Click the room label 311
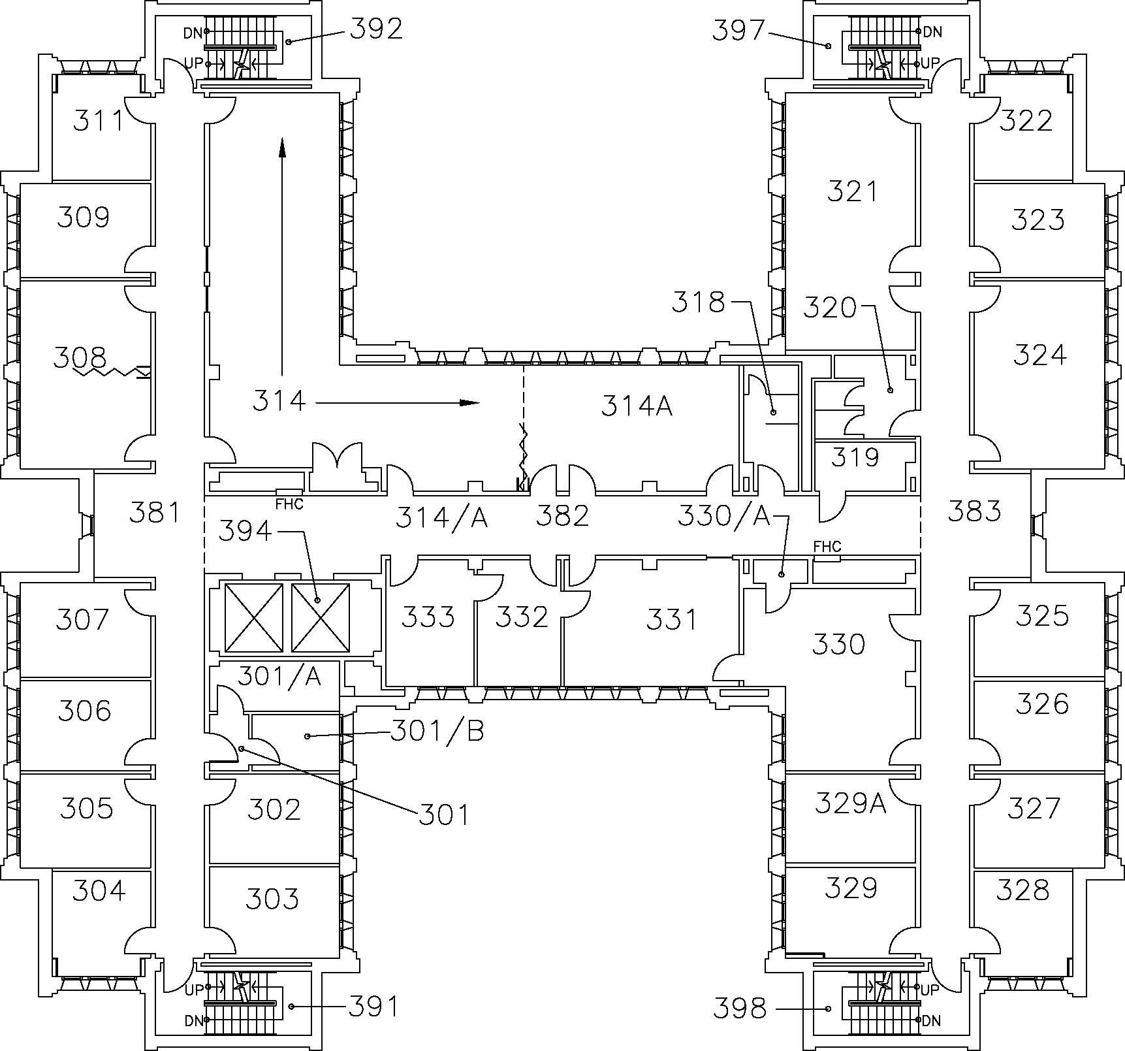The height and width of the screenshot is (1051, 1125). point(98,121)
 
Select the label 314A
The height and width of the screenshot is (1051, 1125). point(636,406)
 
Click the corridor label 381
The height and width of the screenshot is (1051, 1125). point(154,513)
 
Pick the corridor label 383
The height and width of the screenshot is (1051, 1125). point(974,511)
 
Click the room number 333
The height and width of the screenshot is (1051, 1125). point(428,616)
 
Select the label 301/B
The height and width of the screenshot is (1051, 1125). point(437,731)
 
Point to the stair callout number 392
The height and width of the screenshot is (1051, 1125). point(376,29)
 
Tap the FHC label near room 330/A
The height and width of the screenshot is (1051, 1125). point(827,546)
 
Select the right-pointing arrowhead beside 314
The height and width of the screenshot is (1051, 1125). point(469,402)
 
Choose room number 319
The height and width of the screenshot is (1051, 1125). point(855,457)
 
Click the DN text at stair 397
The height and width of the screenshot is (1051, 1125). point(932,31)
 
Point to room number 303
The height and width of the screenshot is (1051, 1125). point(272,899)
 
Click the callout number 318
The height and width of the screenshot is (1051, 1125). point(699,302)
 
